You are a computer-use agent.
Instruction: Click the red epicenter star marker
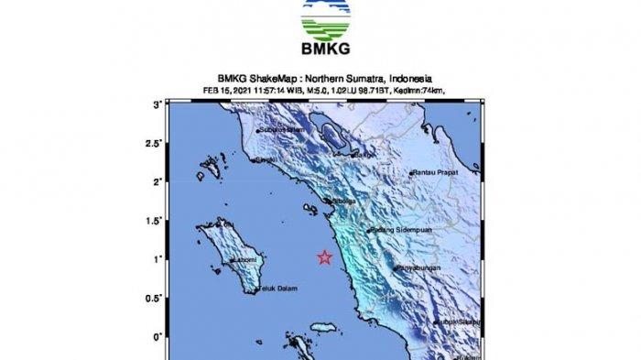pos(324,258)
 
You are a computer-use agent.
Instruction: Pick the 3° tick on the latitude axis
pos(158,105)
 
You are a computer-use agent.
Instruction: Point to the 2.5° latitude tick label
pos(153,144)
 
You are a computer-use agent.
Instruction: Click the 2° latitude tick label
pos(158,182)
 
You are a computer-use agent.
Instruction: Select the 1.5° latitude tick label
pos(153,221)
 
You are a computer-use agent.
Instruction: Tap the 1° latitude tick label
pos(158,259)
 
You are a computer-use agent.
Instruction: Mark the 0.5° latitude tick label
pos(153,298)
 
